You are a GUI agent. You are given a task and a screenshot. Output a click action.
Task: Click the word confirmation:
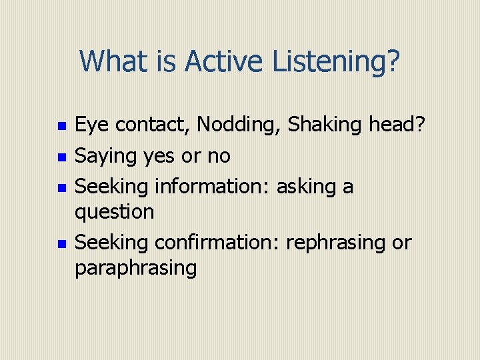217,242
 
